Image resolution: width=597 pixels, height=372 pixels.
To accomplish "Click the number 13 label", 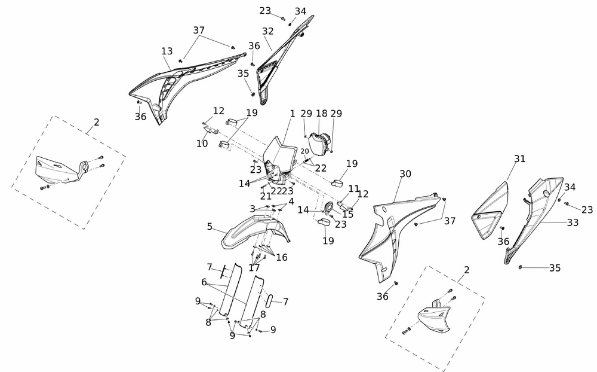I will coord(167,51).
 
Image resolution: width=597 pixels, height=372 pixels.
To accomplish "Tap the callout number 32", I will coord(267,31).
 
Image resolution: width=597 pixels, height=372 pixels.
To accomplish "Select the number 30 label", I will coord(405,174).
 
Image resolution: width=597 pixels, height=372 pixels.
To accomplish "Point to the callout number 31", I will coord(520,158).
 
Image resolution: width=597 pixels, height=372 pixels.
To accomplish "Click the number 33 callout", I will coord(573,222).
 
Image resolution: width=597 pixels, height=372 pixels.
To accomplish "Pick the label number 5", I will coord(210,227).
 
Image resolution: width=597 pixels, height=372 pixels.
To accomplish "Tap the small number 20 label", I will coord(305,151).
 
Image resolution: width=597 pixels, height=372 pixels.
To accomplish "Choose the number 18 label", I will coord(321,114).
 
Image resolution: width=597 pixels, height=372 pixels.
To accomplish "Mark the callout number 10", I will coord(202,144).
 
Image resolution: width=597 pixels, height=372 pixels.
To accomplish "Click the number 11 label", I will coord(354,188).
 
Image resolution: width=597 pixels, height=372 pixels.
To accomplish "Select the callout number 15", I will coord(347,214).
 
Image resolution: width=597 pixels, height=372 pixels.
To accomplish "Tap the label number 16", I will coord(282,257).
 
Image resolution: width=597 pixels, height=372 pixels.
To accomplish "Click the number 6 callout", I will coord(204,282).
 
